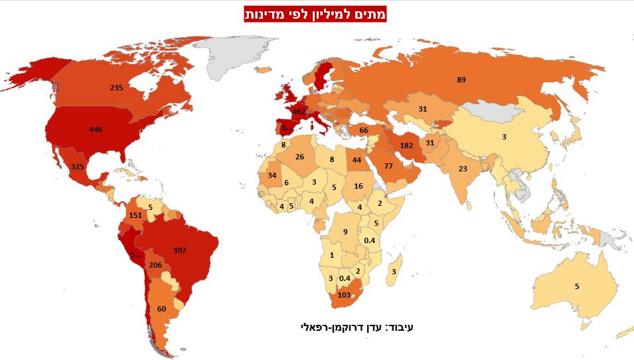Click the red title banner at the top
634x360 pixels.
click(x=315, y=14)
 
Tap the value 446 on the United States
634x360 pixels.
click(x=96, y=130)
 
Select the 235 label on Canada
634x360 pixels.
click(x=117, y=87)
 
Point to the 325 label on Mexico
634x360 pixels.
click(x=77, y=166)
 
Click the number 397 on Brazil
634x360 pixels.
click(x=179, y=250)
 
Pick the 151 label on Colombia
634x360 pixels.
click(x=135, y=215)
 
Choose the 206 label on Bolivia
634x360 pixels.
click(x=155, y=265)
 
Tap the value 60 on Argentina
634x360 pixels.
click(x=161, y=309)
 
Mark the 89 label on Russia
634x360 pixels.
click(x=461, y=80)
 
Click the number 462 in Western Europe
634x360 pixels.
click(x=299, y=112)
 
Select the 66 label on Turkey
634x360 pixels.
click(x=363, y=131)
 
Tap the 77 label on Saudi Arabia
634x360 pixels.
click(x=389, y=165)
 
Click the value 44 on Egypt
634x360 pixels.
click(x=357, y=160)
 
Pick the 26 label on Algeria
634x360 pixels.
click(x=300, y=157)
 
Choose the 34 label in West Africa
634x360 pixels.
click(x=272, y=175)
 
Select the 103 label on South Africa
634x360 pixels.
click(x=344, y=294)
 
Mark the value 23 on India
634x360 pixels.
click(x=463, y=169)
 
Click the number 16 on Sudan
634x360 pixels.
click(x=358, y=186)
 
